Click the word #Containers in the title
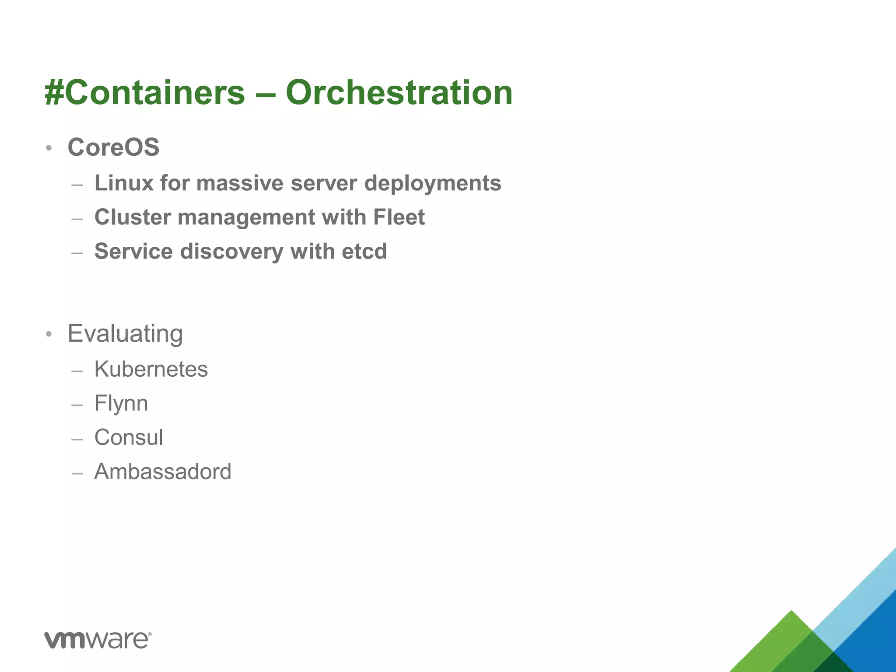145,93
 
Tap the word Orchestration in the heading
399,93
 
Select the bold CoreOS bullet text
113,147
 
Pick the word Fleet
399,217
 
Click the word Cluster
133,217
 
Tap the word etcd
364,251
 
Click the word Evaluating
125,334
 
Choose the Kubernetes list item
151,369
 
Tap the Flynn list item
121,403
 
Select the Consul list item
129,437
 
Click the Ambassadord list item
163,471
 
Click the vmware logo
98,640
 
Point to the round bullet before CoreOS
49,148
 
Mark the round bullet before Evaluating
49,335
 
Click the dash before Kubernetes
77,371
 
